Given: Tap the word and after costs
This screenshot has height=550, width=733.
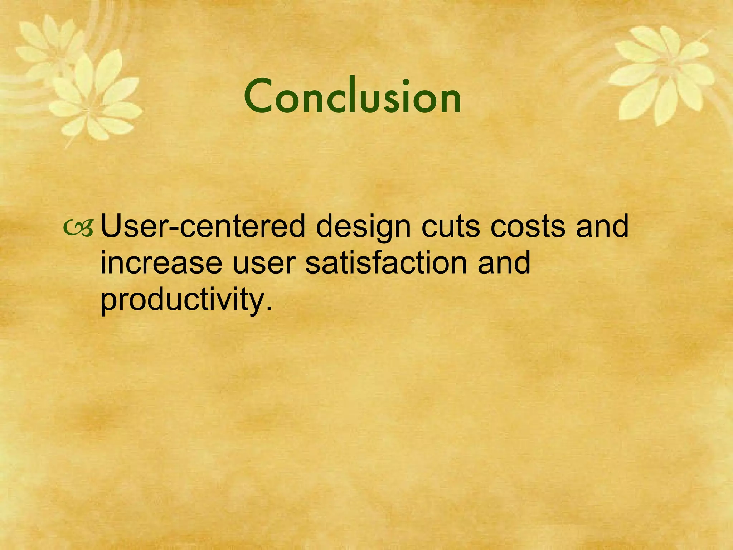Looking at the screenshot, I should click(x=602, y=227).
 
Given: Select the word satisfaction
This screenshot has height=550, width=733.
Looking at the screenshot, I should click(x=386, y=263).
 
